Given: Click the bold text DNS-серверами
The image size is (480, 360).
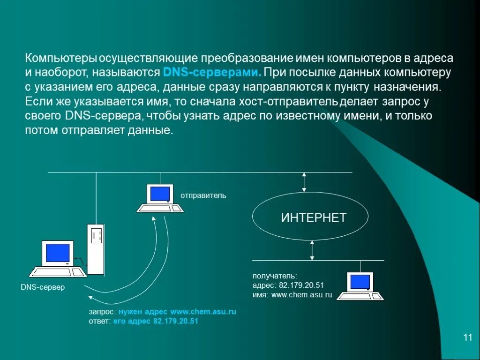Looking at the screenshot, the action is [x=212, y=73].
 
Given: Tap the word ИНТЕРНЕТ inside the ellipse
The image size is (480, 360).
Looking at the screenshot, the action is [x=314, y=217].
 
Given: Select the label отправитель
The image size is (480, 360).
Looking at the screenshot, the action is [x=203, y=195].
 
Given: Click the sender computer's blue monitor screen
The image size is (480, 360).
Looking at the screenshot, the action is [x=159, y=194].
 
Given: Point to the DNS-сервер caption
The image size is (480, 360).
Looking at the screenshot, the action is [x=43, y=287].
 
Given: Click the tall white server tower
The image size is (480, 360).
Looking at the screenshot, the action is [x=96, y=249].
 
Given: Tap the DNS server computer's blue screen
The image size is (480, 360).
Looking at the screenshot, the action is [x=58, y=253].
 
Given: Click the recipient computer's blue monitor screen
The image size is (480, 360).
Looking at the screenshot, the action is [x=360, y=281].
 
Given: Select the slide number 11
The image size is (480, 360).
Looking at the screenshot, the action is [x=467, y=337].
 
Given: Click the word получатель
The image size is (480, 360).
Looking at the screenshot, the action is [x=275, y=276].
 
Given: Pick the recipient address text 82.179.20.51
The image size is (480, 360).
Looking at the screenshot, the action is [x=301, y=285].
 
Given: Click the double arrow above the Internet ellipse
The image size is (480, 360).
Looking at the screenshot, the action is [x=304, y=182].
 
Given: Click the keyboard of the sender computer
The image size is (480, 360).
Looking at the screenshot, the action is [x=160, y=208].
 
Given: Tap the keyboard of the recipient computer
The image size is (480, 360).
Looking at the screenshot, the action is [x=360, y=296].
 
